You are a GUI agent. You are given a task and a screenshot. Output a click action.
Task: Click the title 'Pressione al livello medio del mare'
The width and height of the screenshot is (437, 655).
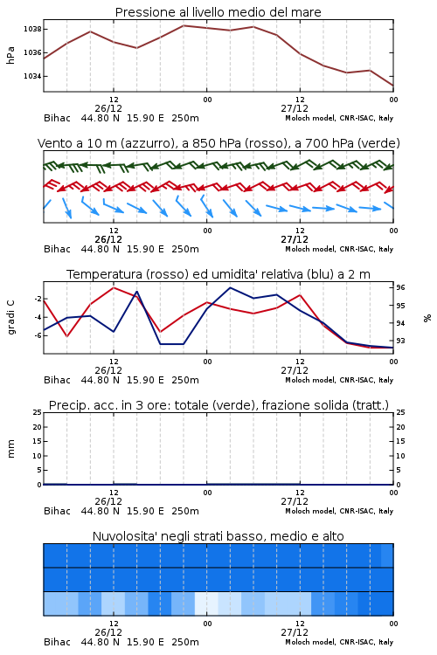218,12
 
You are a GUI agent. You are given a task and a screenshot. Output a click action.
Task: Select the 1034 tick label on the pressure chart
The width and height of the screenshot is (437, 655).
32,76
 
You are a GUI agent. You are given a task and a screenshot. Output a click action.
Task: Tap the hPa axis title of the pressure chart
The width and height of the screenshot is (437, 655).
10,55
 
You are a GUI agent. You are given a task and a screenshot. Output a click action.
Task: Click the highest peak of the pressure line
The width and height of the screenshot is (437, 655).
184,25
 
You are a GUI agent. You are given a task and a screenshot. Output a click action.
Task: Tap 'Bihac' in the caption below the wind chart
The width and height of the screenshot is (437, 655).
58,249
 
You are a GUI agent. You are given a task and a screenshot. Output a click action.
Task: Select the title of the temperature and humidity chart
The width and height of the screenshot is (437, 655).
218,274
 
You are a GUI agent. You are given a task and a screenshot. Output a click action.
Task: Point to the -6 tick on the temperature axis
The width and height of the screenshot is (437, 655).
38,335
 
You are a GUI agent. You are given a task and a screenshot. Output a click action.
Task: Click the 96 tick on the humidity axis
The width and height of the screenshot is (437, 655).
400,287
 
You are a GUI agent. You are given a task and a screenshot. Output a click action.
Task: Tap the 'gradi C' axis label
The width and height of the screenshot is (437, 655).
10,318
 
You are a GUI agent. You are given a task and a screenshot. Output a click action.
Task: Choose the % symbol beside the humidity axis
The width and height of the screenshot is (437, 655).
427,318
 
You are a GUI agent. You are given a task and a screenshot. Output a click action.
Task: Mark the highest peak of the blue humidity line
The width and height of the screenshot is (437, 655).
230,288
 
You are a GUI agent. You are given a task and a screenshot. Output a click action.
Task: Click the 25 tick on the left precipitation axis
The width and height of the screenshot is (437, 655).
38,412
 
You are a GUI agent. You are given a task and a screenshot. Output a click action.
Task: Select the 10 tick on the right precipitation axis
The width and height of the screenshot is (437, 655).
400,456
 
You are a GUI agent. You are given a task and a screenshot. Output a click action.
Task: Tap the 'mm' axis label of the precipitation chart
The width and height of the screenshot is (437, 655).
10,449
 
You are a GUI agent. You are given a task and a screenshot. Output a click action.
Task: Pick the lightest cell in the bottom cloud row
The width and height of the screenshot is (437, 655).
206,603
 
